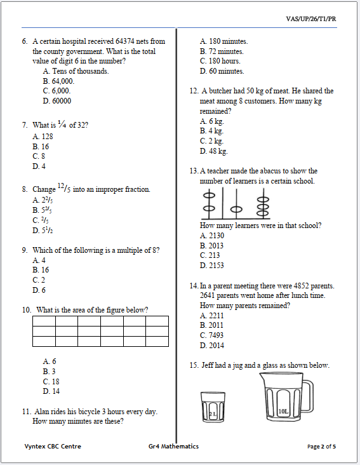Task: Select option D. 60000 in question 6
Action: pos(57,101)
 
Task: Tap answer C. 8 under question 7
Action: pos(39,156)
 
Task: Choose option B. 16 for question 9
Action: pos(40,270)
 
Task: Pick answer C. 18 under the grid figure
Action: pos(51,382)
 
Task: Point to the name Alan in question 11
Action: pos(41,412)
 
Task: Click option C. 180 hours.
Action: pos(220,61)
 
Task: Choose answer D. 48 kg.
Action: pos(213,151)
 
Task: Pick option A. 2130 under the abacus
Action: pos(212,236)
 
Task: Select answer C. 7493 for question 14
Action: pos(211,335)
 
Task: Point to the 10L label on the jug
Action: pos(283,412)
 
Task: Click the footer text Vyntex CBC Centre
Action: pos(53,447)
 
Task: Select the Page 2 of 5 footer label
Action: pos(321,447)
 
